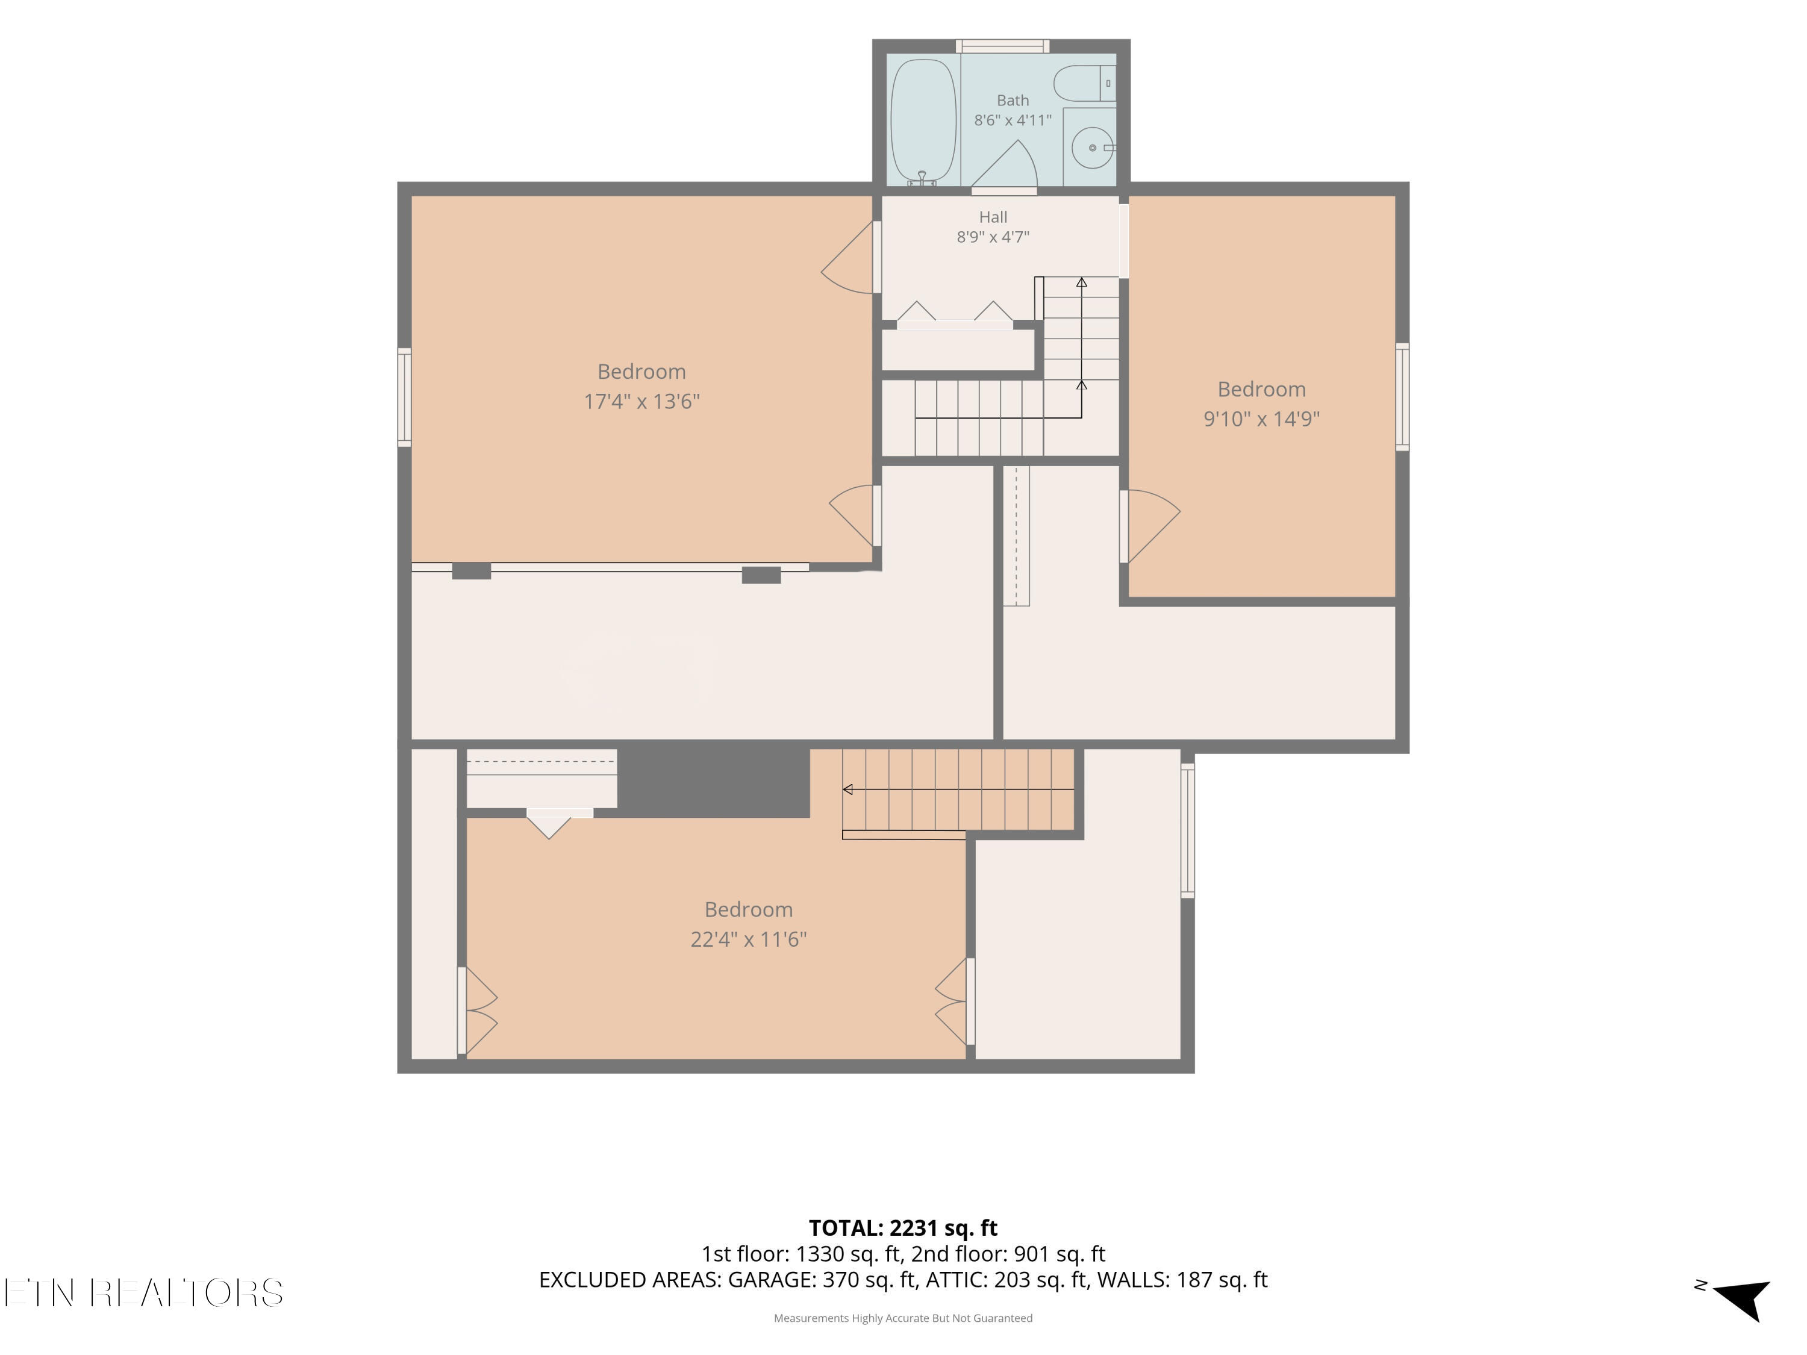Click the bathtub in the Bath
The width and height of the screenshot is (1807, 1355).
click(923, 122)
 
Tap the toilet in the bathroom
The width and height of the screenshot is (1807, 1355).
click(1084, 83)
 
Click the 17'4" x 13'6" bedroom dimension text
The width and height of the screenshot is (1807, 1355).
click(641, 402)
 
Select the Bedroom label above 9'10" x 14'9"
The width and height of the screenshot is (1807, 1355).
click(1261, 389)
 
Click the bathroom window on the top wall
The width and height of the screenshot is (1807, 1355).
click(1002, 46)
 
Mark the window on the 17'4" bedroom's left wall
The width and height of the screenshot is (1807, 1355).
click(404, 397)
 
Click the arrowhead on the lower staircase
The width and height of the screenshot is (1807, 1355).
click(847, 790)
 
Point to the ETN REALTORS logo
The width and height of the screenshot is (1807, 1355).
click(144, 1293)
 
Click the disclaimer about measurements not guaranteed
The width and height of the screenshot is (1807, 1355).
click(903, 1318)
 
